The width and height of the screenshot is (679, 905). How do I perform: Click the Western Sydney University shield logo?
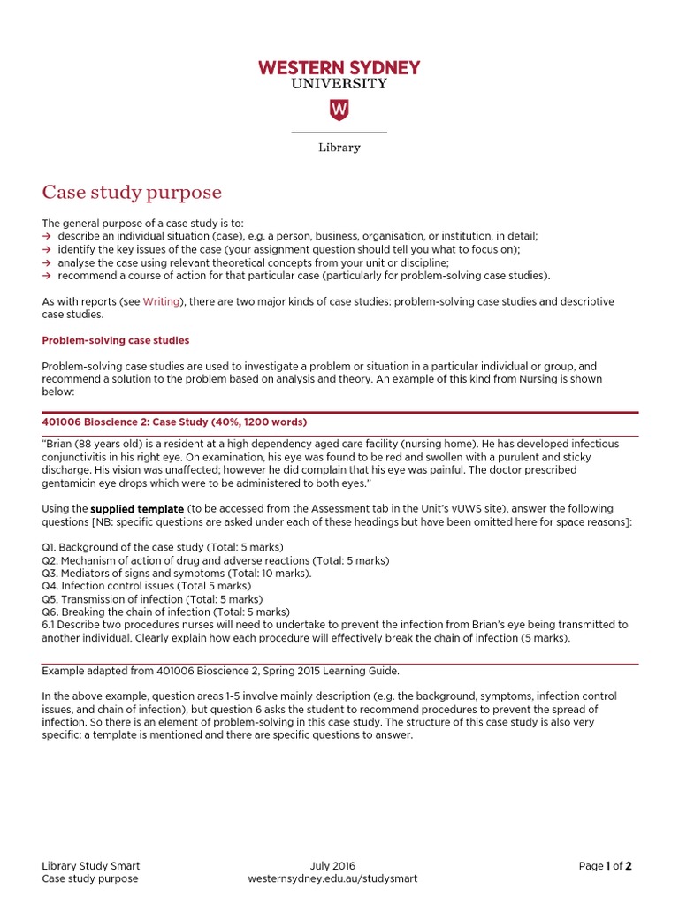[339, 110]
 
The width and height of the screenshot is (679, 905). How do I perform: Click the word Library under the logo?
[339, 148]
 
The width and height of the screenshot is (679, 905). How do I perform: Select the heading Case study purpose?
[132, 193]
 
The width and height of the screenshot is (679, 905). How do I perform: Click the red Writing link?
[162, 301]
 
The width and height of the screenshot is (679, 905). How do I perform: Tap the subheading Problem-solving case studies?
[115, 340]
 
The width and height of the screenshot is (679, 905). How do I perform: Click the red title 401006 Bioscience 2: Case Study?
[174, 422]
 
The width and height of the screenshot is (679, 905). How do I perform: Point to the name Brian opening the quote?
[59, 444]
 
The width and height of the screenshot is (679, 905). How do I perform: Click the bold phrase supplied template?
[137, 509]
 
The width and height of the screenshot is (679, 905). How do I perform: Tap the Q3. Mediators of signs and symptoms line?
[176, 573]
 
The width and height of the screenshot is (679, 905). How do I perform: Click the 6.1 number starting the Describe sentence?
[49, 625]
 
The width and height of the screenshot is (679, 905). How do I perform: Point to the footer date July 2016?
[332, 866]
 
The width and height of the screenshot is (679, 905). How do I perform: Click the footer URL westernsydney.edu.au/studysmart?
[332, 879]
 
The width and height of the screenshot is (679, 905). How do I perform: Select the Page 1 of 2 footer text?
[605, 866]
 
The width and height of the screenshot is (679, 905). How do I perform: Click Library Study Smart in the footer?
[91, 866]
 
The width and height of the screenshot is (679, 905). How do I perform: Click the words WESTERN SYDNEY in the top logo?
[339, 68]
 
